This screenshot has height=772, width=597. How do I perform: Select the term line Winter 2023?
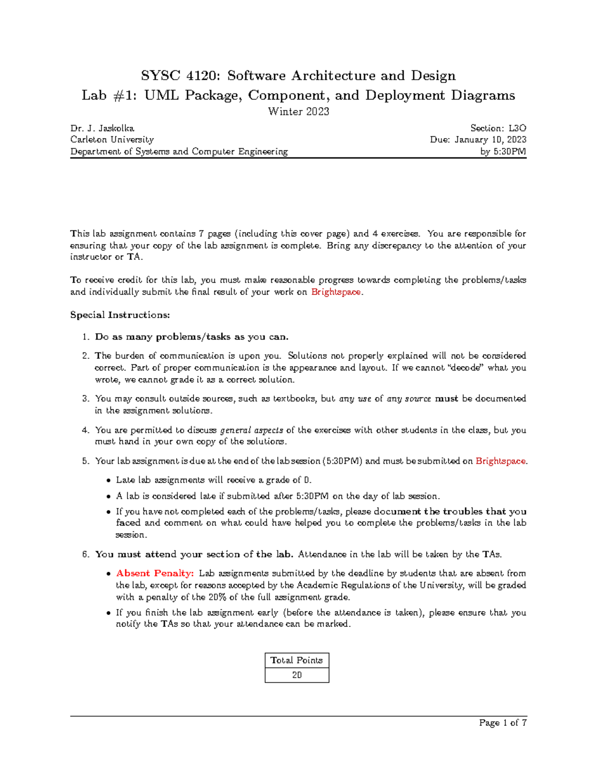[298, 112]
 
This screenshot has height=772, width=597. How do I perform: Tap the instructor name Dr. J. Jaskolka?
[102, 128]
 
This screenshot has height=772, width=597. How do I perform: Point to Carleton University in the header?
[112, 140]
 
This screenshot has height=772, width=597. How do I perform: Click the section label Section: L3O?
[498, 128]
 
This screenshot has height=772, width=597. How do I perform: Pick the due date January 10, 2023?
[490, 140]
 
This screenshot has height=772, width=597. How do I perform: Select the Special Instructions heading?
[120, 315]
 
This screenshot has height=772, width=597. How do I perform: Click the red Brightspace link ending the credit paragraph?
[336, 292]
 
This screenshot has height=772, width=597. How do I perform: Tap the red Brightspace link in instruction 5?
[500, 461]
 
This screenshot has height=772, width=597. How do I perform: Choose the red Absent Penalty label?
[155, 573]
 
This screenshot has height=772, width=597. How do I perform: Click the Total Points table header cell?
[297, 660]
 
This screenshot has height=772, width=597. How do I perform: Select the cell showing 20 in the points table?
[297, 675]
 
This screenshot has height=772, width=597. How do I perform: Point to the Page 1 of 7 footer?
[502, 723]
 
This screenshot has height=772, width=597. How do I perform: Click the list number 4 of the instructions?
[85, 430]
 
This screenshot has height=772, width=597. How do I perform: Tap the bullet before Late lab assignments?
[108, 480]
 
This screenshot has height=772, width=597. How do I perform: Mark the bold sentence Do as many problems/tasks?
[192, 337]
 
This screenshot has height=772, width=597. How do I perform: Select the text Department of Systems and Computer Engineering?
[179, 152]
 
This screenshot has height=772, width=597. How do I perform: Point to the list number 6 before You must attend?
[85, 554]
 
